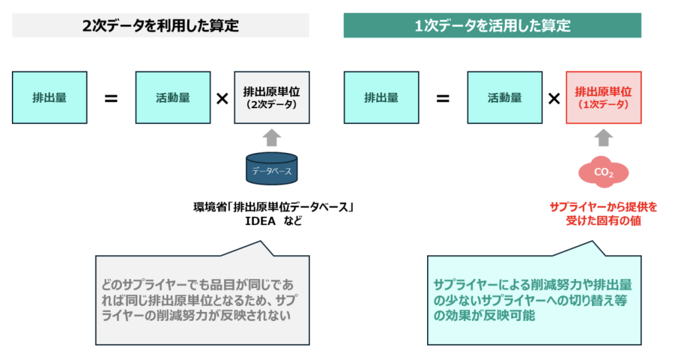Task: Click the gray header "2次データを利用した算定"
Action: pos(161,26)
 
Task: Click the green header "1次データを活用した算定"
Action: pos(492,26)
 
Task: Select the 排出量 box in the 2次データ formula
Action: pos(49,98)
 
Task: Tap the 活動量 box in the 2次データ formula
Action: pos(173,98)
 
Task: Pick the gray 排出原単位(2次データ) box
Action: pos(272,98)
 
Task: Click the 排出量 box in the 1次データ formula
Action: pos(382,98)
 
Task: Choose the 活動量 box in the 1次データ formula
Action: pos(505,98)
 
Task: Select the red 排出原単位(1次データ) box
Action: pos(604,98)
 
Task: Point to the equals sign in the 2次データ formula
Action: pos(111,99)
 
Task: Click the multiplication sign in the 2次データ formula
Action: pos(222,99)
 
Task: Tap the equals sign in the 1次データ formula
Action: pos(443,99)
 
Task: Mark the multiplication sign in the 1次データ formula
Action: pos(554,99)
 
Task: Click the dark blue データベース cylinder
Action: pos(272,169)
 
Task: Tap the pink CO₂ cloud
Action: pos(604,172)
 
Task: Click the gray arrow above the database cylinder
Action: pos(272,138)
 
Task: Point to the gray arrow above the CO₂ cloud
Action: pos(604,138)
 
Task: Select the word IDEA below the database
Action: pos(260,222)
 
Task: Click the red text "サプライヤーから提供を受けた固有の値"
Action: pos(604,214)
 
